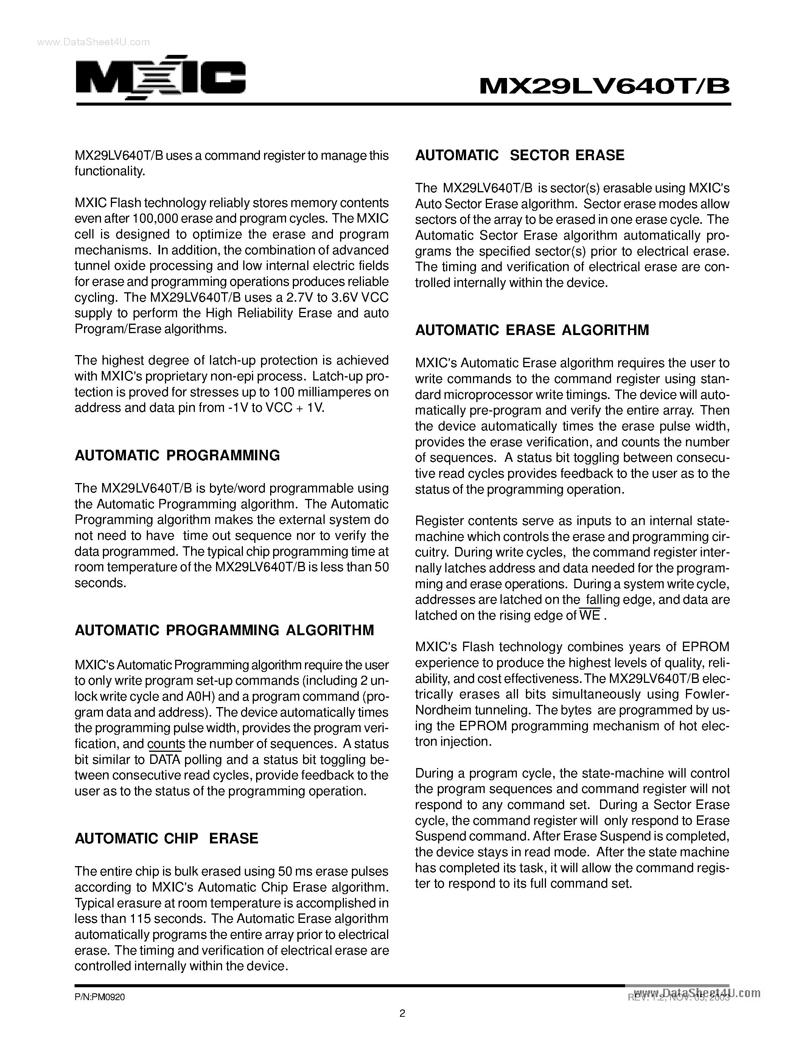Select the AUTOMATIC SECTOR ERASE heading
(519, 155)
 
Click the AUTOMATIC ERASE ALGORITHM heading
(532, 330)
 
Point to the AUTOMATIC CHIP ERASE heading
(166, 838)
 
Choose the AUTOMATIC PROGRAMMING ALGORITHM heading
(224, 631)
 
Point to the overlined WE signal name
(590, 616)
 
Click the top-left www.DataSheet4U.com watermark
(93, 42)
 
